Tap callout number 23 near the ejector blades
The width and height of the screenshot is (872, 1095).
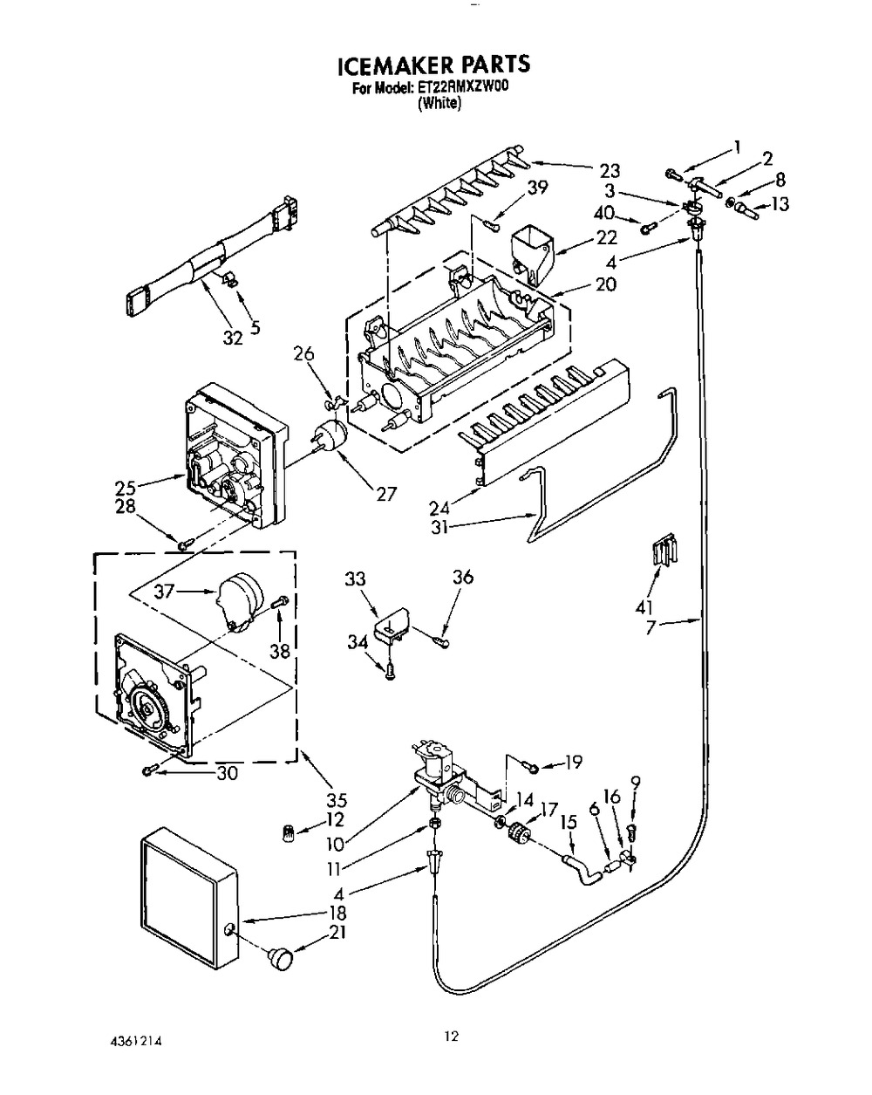coord(609,170)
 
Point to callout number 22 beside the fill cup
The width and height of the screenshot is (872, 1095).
coord(606,237)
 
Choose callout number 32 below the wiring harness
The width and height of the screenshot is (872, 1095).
coord(233,338)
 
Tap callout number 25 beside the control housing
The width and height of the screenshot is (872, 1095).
coord(125,489)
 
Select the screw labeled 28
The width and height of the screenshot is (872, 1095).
coord(186,544)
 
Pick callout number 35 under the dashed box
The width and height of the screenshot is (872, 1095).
coord(336,800)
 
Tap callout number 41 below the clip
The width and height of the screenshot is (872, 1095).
coord(644,607)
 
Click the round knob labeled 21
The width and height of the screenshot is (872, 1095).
coord(281,959)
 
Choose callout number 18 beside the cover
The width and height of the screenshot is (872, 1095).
coord(337,913)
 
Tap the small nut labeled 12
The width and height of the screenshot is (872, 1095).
coord(289,833)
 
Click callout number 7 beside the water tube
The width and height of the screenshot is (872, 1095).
coord(651,626)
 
